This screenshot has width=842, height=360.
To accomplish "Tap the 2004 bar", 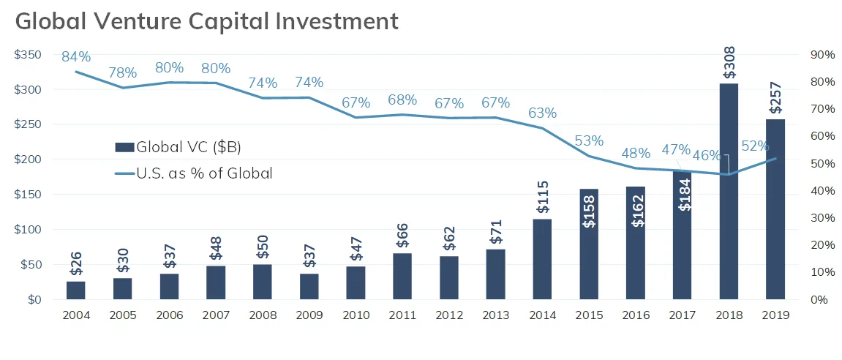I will click(x=76, y=290).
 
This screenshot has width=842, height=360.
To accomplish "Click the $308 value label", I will click(x=729, y=63).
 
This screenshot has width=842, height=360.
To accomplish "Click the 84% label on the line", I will click(x=76, y=56).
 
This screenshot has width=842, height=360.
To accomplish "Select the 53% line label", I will click(x=589, y=140).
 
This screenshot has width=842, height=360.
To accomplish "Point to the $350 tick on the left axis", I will click(x=28, y=55).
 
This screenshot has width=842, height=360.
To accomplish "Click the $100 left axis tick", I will click(x=28, y=230).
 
